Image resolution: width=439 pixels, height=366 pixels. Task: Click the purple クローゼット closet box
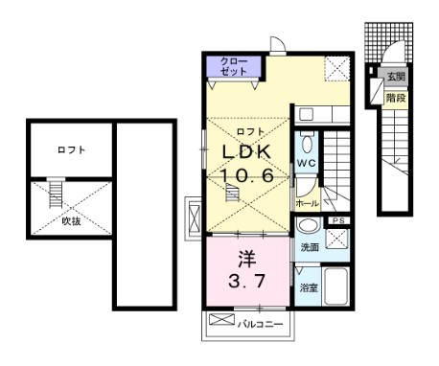point(234,68)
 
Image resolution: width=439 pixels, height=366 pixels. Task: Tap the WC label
point(306,164)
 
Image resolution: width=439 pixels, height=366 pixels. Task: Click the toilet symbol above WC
point(306,145)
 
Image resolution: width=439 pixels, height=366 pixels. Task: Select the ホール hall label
point(307,204)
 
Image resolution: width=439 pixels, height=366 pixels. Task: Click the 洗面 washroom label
point(310,247)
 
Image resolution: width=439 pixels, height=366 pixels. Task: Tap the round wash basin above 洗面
point(307,226)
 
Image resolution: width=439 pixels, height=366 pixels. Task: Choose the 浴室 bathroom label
point(309,286)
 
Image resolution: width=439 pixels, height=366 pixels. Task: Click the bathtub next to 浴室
point(335,284)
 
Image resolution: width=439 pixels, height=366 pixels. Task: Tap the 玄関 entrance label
point(396,75)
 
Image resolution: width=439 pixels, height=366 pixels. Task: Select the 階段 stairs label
point(394,97)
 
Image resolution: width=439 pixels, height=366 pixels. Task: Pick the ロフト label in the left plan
point(70,150)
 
